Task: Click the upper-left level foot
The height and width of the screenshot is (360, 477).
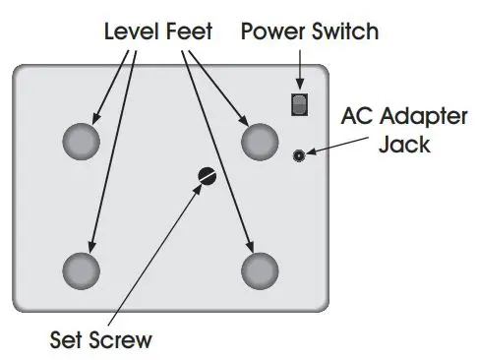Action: [82, 142]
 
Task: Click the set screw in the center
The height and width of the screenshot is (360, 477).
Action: [206, 176]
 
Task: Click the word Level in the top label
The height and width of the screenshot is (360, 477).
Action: [134, 31]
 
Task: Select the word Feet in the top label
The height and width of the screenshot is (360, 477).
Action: [189, 31]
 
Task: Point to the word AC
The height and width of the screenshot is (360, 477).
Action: [357, 117]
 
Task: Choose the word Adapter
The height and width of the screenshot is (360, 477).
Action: [419, 118]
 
